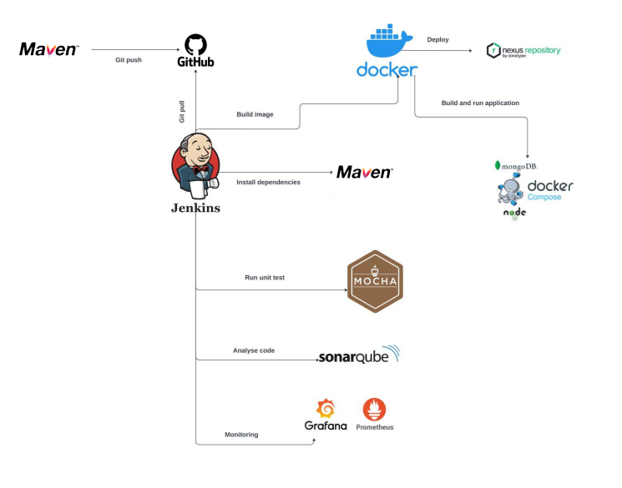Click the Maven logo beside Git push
pyautogui.click(x=49, y=50)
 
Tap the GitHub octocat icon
pyautogui.click(x=195, y=44)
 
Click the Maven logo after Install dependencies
pyautogui.click(x=364, y=173)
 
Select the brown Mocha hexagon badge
pyautogui.click(x=375, y=281)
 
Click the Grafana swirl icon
pyautogui.click(x=326, y=409)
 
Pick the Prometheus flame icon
pyautogui.click(x=374, y=409)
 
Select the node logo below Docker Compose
pyautogui.click(x=514, y=214)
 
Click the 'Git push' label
pyautogui.click(x=128, y=60)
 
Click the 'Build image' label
pyautogui.click(x=255, y=114)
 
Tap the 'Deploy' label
pyautogui.click(x=437, y=39)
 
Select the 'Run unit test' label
pyautogui.click(x=264, y=278)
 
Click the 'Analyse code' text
pyautogui.click(x=253, y=350)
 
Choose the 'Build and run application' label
pyautogui.click(x=480, y=103)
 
